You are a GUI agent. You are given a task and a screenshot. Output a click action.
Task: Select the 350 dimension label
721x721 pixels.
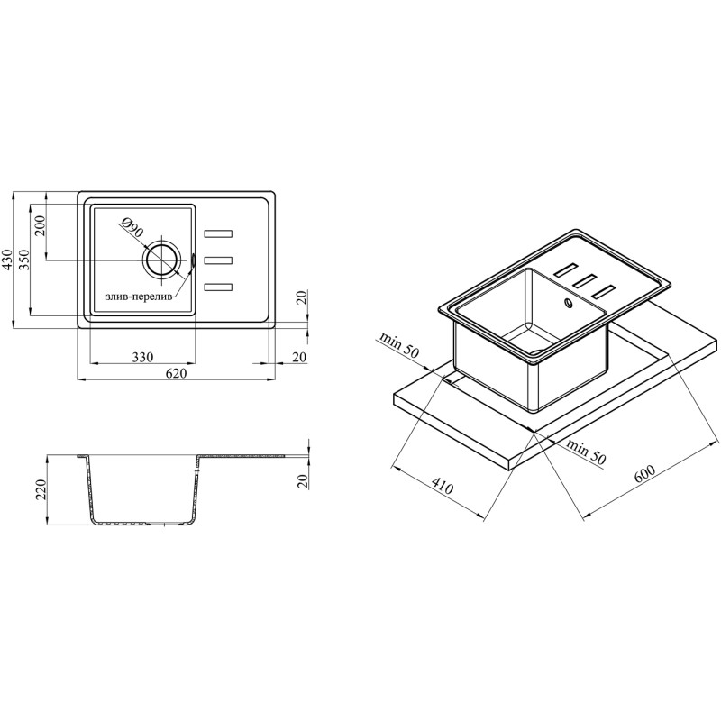click(x=25, y=260)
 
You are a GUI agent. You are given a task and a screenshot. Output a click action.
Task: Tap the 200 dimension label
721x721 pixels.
click(x=41, y=225)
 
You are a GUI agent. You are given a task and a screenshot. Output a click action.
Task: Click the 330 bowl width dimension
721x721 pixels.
click(x=142, y=357)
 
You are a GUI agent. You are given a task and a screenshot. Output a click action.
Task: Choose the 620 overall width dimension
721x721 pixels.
click(x=176, y=373)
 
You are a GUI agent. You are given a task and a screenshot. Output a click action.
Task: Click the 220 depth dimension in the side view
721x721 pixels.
click(x=41, y=490)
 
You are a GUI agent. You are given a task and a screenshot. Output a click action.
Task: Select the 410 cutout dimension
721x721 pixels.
click(x=443, y=485)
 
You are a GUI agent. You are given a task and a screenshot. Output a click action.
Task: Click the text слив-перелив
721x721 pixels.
click(x=141, y=297)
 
